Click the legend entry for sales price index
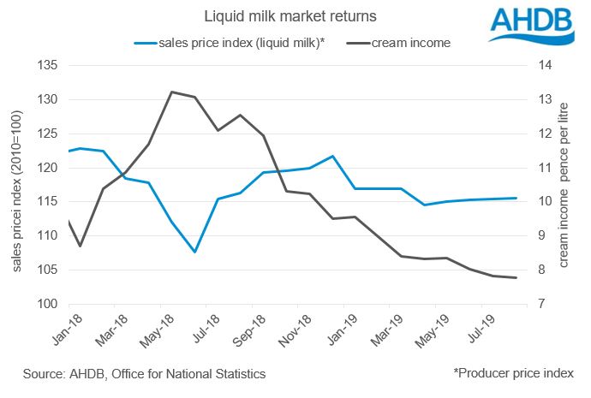tap(232, 41)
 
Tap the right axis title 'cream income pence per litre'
tap(564, 185)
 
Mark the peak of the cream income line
tap(172, 92)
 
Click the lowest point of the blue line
tap(195, 252)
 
